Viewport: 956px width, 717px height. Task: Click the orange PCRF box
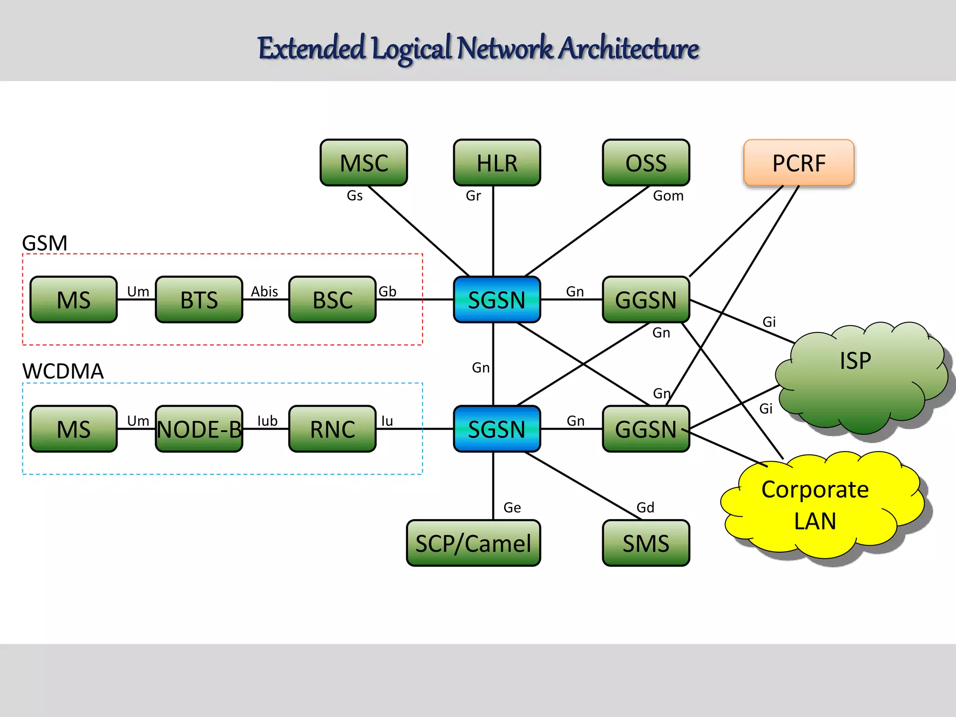pos(799,162)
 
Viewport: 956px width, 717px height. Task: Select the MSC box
pos(364,162)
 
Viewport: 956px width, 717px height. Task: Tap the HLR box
pos(497,162)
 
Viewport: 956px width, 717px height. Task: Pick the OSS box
pos(646,162)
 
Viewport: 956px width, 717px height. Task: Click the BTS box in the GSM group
pos(199,300)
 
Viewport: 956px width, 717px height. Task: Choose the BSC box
pos(332,300)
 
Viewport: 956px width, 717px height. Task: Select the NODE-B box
pos(199,429)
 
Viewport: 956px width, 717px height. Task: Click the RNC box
pos(332,429)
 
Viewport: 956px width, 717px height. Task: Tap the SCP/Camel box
pos(473,543)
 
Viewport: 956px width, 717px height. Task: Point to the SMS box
pos(646,543)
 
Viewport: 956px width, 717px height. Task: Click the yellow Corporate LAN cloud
pos(815,505)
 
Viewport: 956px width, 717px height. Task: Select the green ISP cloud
pos(855,373)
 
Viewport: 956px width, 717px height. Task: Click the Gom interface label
pos(668,196)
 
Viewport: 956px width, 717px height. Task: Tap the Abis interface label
pos(264,292)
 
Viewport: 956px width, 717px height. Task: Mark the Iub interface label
pos(267,421)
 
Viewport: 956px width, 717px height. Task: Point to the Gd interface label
pos(645,507)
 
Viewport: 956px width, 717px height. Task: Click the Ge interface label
pos(512,507)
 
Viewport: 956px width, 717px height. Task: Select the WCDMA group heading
pos(63,372)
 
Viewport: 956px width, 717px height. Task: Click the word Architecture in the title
pos(629,49)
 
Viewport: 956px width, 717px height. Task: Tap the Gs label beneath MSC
pos(354,196)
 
